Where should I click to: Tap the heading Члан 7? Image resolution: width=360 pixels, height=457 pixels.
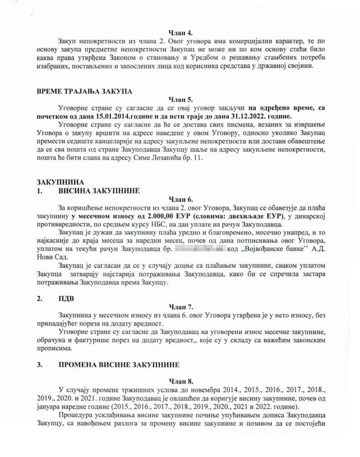coord(181,307)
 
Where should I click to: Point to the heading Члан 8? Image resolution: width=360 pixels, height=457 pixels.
coord(181,380)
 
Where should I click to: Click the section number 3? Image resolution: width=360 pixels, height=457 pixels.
coord(40,365)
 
